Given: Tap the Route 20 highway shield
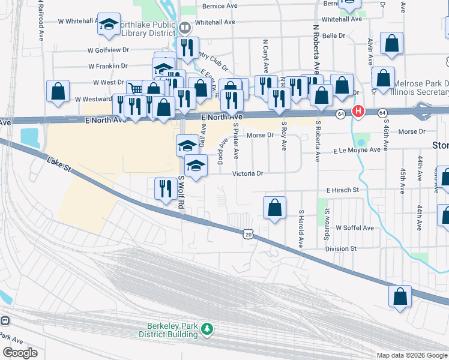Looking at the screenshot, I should pyautogui.click(x=248, y=235).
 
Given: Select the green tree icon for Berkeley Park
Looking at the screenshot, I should pyautogui.click(x=207, y=328).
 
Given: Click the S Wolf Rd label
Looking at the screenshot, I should pyautogui.click(x=181, y=190).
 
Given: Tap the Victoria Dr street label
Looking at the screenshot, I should pyautogui.click(x=248, y=173).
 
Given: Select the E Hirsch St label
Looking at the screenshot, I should pyautogui.click(x=342, y=190).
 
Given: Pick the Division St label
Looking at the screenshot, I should pyautogui.click(x=340, y=248).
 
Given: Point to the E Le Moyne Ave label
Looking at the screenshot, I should pyautogui.click(x=357, y=150).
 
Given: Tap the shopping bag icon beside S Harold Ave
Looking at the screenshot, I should pyautogui.click(x=274, y=208).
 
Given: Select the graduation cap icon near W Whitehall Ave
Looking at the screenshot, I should pyautogui.click(x=109, y=24).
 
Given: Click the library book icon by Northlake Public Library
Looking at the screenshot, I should pyautogui.click(x=185, y=27).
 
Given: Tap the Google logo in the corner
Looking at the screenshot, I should pyautogui.click(x=20, y=353).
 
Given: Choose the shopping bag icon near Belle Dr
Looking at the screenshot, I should pyautogui.click(x=391, y=44).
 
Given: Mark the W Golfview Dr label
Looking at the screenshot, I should pyautogui.click(x=108, y=50).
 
